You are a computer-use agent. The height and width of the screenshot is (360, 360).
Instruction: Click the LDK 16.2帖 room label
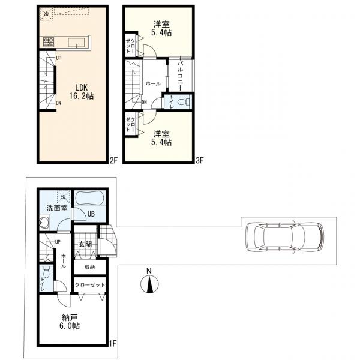(82, 92)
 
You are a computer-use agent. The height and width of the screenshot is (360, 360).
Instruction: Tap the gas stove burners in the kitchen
(48, 41)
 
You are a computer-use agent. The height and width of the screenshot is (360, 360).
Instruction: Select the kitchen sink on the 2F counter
(76, 43)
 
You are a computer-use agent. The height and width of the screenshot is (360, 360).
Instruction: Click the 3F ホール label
(153, 83)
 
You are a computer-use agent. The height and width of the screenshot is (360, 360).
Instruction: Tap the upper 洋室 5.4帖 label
(161, 28)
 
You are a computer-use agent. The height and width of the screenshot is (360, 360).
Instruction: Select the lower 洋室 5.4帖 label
(161, 138)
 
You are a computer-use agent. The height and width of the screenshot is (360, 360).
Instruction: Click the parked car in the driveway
(284, 237)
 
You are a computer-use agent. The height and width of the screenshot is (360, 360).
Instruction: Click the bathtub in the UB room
(90, 198)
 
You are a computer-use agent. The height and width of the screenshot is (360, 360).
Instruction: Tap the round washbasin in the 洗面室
(44, 222)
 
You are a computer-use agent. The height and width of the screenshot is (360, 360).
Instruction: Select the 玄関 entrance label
(85, 244)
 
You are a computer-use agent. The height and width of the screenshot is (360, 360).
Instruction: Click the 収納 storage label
(90, 267)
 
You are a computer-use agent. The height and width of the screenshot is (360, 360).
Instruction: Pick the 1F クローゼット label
(90, 285)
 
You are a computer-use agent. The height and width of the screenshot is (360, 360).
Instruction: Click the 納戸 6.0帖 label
(70, 322)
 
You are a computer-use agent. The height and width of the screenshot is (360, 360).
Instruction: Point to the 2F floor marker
(113, 160)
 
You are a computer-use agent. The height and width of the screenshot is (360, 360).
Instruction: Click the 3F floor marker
(200, 160)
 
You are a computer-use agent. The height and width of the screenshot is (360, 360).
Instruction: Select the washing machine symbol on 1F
(64, 197)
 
